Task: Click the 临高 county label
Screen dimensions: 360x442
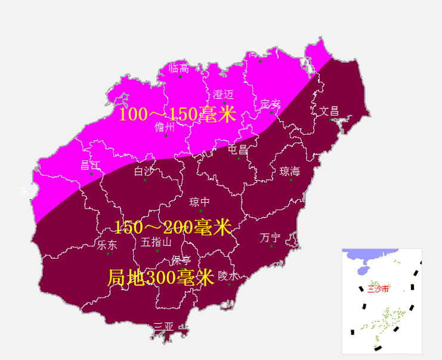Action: [179, 69]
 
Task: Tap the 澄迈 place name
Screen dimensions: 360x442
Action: [223, 95]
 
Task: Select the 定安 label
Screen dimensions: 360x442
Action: [270, 104]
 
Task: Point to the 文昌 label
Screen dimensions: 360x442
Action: [329, 111]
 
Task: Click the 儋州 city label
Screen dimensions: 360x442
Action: [165, 127]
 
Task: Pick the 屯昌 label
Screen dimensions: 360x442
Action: [237, 150]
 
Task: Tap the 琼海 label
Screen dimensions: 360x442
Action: [290, 172]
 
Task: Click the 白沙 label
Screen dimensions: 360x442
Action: [144, 172]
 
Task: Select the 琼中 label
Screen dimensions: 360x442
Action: [199, 202]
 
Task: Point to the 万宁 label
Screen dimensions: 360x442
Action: [270, 238]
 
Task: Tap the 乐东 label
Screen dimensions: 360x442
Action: [107, 245]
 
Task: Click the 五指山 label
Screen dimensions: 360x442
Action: [156, 242]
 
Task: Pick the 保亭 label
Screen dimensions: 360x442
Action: [181, 260]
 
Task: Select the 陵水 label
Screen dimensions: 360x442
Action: [228, 276]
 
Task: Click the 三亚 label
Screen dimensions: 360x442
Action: [163, 327]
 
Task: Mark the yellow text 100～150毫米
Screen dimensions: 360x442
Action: [178, 114]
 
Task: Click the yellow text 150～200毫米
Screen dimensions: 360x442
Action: [172, 227]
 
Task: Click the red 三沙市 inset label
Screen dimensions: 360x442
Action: [378, 289]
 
